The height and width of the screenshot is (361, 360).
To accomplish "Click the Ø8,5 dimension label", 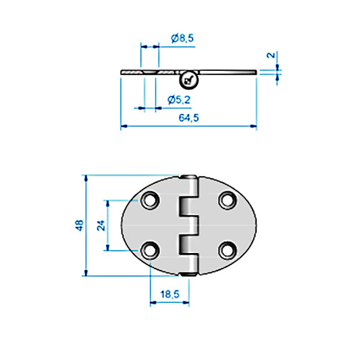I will coord(182,38).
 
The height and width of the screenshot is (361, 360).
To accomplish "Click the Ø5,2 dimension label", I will coord(178,101).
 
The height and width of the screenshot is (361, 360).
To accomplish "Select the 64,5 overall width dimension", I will coord(188,118).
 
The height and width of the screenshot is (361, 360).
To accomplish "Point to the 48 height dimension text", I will coord(79,225).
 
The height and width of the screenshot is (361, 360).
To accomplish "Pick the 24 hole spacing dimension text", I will coord(101,225).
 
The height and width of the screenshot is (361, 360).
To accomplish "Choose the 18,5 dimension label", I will coord(170,295).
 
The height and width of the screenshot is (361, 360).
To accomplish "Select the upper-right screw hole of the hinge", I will coord(227,200).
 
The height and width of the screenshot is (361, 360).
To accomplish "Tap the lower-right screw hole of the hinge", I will coord(227,250).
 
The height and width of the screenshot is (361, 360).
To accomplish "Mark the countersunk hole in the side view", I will coord(150,72).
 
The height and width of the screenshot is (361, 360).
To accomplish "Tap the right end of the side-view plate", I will coord(254,70).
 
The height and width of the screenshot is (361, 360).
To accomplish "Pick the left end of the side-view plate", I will coord(123,72).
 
